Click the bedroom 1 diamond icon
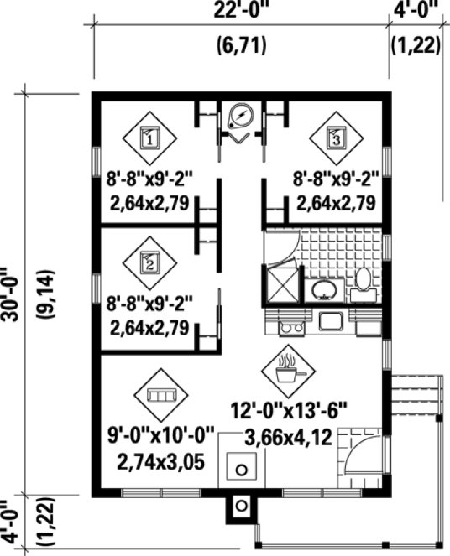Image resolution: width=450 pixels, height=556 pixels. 149,137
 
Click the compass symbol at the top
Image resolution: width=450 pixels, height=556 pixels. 241,115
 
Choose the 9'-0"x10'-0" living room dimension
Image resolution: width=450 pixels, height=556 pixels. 160,435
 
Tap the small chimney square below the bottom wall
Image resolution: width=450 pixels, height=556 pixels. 242,506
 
